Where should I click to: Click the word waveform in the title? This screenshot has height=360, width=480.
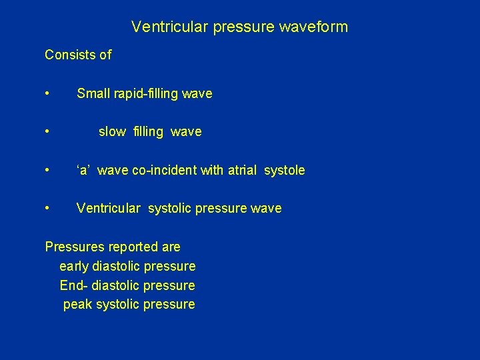pyautogui.click(x=316, y=27)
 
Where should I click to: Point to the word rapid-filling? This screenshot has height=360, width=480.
pyautogui.click(x=146, y=94)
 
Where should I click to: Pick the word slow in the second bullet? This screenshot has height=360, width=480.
pyautogui.click(x=112, y=132)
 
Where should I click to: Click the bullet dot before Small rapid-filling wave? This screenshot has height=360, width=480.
pyautogui.click(x=47, y=94)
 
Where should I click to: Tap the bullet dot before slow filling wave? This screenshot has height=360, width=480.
pyautogui.click(x=47, y=132)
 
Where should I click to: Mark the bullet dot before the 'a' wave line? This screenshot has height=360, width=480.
pyautogui.click(x=47, y=170)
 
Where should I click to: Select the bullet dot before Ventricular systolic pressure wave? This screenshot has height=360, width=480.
pyautogui.click(x=47, y=208)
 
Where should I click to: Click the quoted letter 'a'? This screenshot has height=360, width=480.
pyautogui.click(x=83, y=170)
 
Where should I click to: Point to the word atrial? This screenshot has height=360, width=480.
pyautogui.click(x=243, y=170)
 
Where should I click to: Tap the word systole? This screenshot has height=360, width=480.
pyautogui.click(x=285, y=170)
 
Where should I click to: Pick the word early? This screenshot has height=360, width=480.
pyautogui.click(x=74, y=267)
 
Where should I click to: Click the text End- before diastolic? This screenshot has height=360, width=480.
pyautogui.click(x=74, y=285)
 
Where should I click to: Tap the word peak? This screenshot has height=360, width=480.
pyautogui.click(x=77, y=305)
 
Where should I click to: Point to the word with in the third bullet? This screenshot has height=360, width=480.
pyautogui.click(x=213, y=170)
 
